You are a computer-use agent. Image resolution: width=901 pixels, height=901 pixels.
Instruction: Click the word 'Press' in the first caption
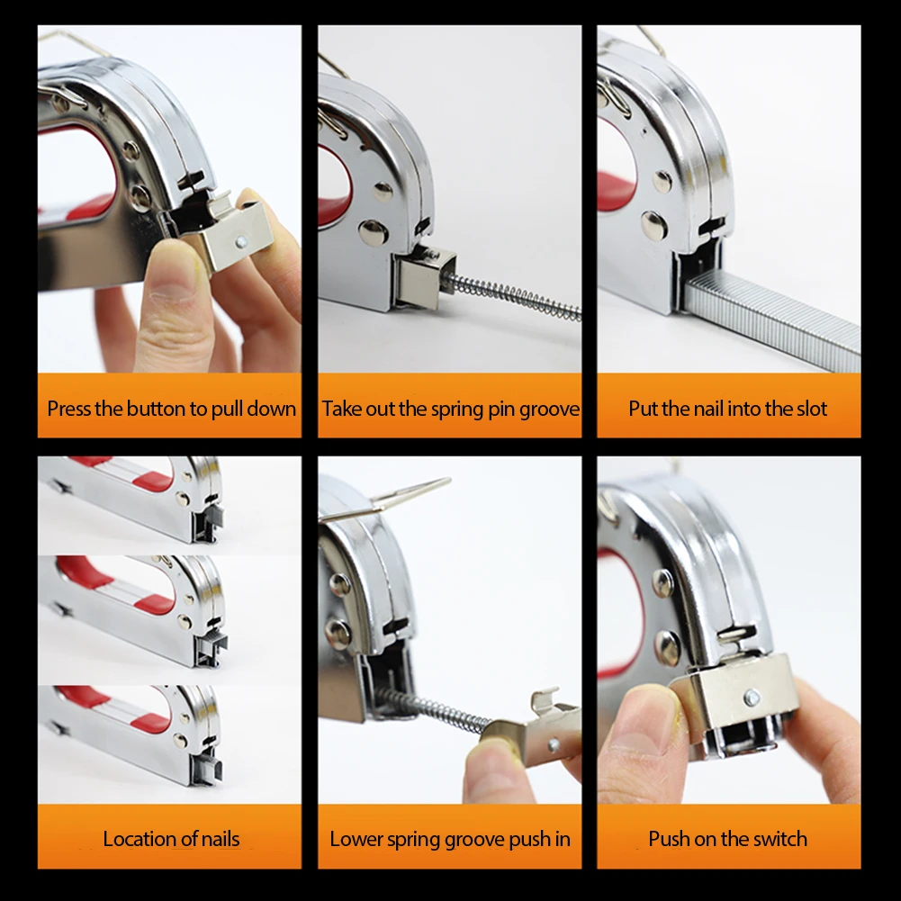(x=69, y=409)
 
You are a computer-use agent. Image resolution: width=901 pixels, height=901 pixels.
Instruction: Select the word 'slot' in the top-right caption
(x=810, y=409)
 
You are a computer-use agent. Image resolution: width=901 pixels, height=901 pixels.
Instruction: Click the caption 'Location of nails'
(x=171, y=839)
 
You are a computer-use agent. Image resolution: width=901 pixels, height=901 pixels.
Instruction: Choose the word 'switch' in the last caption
(x=779, y=839)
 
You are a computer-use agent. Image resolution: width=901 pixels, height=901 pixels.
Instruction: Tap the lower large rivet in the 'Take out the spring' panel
(x=372, y=232)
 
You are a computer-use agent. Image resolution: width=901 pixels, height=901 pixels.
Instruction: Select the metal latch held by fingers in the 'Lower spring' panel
(x=531, y=729)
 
